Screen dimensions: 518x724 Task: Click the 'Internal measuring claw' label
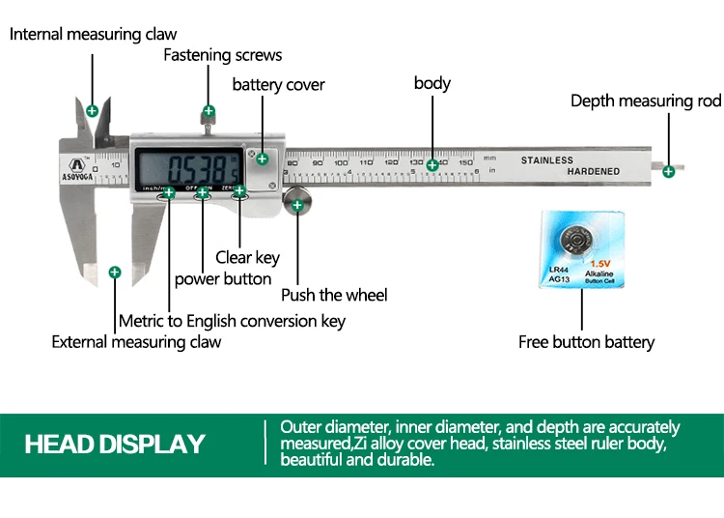93,35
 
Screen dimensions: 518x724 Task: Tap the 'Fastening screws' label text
222,55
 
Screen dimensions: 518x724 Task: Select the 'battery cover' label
278,85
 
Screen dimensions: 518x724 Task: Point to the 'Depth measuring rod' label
645,101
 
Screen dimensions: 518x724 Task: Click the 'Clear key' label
247,257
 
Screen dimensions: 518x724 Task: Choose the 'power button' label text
223,279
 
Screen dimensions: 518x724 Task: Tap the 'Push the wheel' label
333,295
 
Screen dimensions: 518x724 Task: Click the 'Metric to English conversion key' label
232,321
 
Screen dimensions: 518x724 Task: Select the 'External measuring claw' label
136,342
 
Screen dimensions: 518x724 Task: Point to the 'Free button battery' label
586,342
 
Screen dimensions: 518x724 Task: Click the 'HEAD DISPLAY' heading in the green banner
115,445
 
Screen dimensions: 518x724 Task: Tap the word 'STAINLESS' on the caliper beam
546,160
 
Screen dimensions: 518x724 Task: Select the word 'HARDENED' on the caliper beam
594,171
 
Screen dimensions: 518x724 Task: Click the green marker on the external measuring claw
114,273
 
